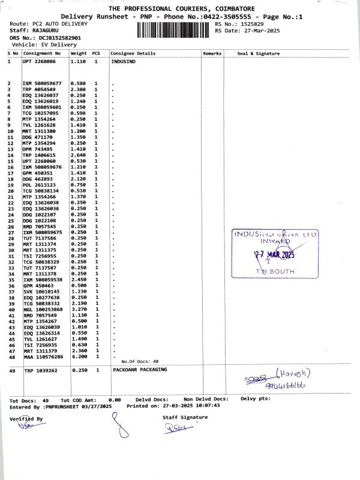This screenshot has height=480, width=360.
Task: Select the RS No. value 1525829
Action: (250, 23)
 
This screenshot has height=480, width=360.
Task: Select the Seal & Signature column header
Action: (258, 53)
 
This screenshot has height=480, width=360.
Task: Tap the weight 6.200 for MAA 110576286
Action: (79, 356)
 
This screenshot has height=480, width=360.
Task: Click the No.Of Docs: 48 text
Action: (140, 361)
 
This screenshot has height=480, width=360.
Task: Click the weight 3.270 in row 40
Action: (79, 309)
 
